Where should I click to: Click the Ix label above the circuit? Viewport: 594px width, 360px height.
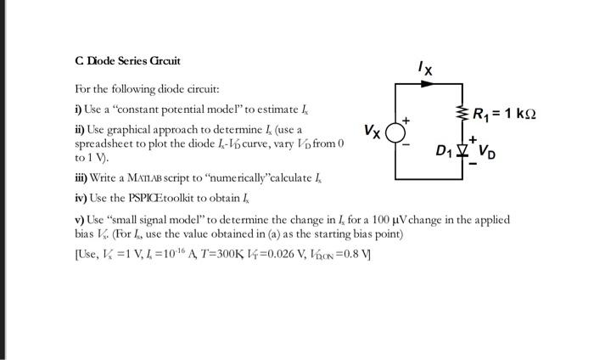pos(425,69)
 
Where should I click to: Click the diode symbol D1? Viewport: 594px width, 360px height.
pos(463,153)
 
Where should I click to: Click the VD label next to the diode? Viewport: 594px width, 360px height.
pos(487,155)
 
